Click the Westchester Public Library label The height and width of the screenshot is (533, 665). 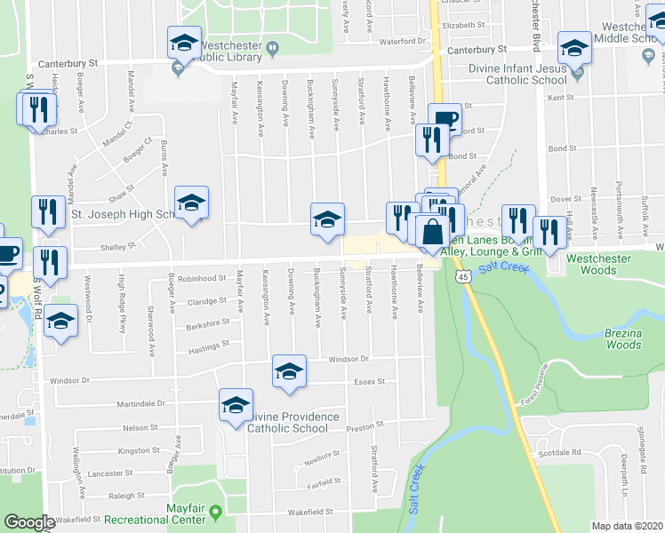229,51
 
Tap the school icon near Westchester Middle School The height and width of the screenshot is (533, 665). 573,47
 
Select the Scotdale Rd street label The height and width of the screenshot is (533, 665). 559,452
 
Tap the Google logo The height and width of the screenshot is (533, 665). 29,522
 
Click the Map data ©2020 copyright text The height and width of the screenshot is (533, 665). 627,526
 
